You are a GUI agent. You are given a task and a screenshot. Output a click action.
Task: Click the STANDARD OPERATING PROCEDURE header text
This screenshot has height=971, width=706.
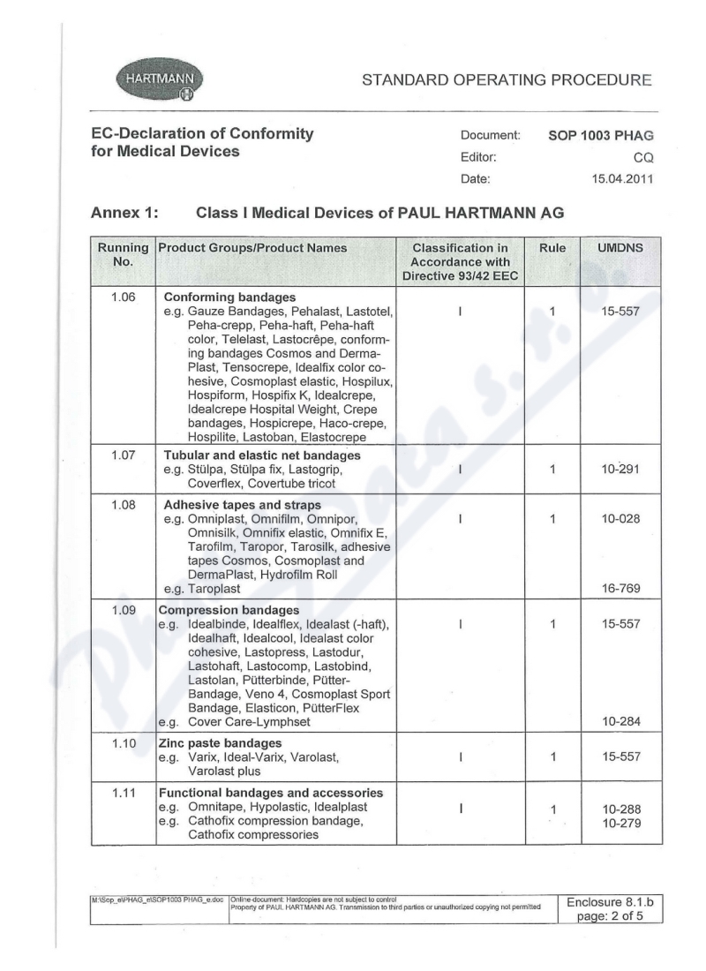click(x=507, y=80)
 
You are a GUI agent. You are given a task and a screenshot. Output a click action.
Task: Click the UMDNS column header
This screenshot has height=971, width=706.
click(x=620, y=249)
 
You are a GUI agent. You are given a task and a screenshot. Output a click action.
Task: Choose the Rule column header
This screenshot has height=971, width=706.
click(x=552, y=249)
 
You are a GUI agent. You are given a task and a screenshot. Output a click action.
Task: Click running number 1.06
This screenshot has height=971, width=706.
click(x=124, y=297)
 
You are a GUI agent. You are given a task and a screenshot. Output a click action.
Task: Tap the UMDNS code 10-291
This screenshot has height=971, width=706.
click(x=620, y=470)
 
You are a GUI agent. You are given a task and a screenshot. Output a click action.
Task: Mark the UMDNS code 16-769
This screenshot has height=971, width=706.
click(x=620, y=587)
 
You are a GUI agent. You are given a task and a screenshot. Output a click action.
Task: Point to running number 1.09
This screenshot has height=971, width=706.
click(x=124, y=609)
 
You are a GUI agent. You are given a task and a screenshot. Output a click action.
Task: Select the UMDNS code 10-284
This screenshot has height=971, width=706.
click(x=620, y=722)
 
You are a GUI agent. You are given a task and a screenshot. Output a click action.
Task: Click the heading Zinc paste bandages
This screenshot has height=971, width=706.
click(x=220, y=743)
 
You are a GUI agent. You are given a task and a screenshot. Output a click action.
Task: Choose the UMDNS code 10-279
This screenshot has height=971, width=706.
click(x=620, y=823)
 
